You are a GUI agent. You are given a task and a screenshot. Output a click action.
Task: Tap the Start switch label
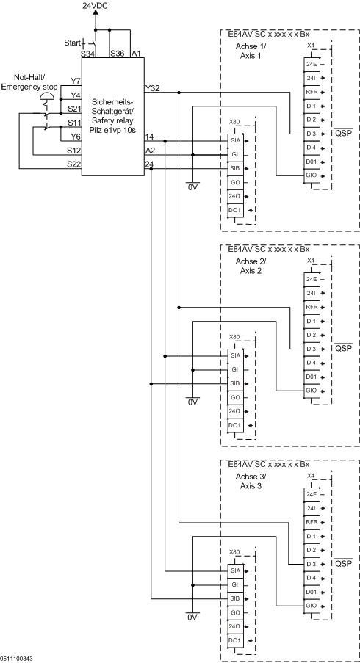coord(72,42)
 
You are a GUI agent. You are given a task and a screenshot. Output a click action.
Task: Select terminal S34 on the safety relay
coord(88,54)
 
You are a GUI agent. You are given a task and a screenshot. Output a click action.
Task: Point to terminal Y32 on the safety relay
coord(152,88)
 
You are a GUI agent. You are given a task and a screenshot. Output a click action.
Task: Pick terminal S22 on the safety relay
coord(73,164)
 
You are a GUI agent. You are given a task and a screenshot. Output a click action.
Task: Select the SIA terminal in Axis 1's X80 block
coord(235,140)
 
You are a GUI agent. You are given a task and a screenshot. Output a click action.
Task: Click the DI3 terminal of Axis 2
coord(312,349)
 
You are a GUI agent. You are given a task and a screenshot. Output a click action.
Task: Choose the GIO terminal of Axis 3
coord(312,606)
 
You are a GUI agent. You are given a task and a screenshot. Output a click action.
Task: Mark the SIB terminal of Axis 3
coord(235,598)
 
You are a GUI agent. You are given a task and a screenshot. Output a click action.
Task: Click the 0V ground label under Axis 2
coord(192,402)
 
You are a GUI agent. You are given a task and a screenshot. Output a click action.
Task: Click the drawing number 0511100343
coord(17,659)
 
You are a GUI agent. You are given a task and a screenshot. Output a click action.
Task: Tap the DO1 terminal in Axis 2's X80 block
coord(235,425)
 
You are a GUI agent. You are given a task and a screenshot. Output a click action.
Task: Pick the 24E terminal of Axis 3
coord(312,494)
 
